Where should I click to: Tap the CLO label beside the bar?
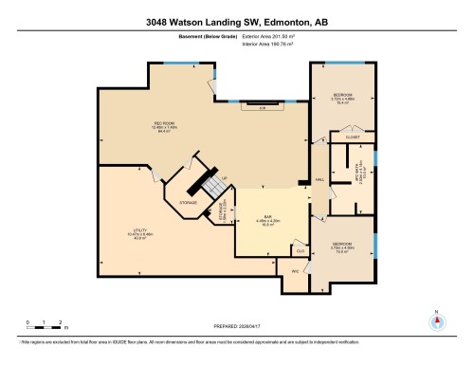pyautogui.click(x=301, y=251)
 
